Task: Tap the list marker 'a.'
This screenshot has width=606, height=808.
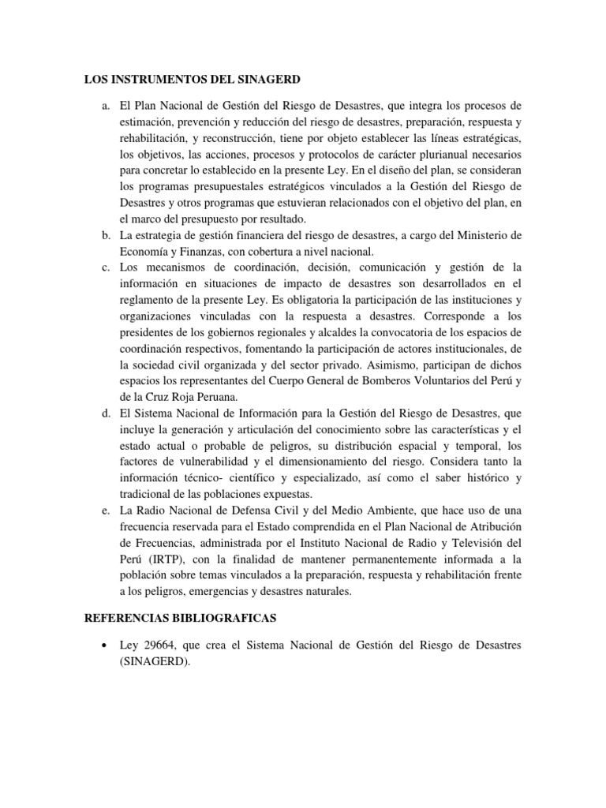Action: click(105, 106)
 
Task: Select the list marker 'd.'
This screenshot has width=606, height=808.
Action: click(105, 413)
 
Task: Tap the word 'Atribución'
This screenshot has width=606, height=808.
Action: click(492, 527)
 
